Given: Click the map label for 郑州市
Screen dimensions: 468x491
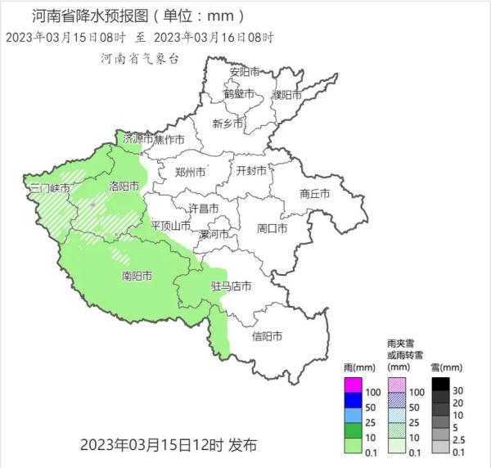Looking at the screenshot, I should pyautogui.click(x=191, y=173).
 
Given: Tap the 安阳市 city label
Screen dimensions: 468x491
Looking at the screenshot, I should pyautogui.click(x=245, y=72).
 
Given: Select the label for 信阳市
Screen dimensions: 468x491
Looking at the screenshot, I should pyautogui.click(x=267, y=336).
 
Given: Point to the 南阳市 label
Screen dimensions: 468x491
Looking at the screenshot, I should pyautogui.click(x=136, y=276).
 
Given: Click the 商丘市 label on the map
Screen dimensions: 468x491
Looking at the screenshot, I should pyautogui.click(x=314, y=194).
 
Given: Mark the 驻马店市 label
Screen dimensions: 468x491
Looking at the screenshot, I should pyautogui.click(x=231, y=286).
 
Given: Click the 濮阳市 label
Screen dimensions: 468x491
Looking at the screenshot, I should pyautogui.click(x=287, y=96).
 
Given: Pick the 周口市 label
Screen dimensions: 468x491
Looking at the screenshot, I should pyautogui.click(x=272, y=228).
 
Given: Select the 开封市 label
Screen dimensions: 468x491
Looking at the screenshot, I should pyautogui.click(x=251, y=171).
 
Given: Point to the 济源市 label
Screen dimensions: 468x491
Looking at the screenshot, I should pyautogui.click(x=137, y=139).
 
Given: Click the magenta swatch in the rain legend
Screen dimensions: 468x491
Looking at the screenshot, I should pyautogui.click(x=353, y=384).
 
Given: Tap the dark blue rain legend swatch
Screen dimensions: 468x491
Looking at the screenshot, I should pyautogui.click(x=353, y=398).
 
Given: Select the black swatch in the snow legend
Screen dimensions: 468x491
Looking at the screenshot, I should pyautogui.click(x=441, y=384).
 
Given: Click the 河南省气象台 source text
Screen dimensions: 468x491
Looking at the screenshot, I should pyautogui.click(x=139, y=58).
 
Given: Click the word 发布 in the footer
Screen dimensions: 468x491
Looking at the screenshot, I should pyautogui.click(x=242, y=446).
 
